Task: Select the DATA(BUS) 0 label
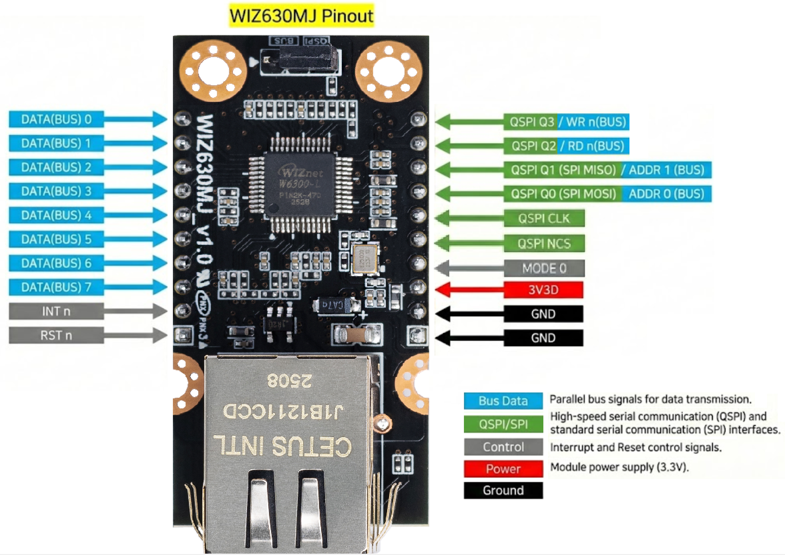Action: pyautogui.click(x=56, y=120)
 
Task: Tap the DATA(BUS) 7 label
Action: pyautogui.click(x=56, y=287)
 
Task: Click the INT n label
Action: pyautogui.click(x=56, y=311)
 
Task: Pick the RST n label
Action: pyautogui.click(x=56, y=335)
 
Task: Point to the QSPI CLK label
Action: pyautogui.click(x=544, y=218)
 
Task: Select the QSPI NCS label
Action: pyautogui.click(x=544, y=244)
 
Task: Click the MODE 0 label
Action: pyautogui.click(x=544, y=268)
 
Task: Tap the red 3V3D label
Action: pyautogui.click(x=543, y=290)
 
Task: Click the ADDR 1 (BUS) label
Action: pyautogui.click(x=666, y=170)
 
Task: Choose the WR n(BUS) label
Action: pyautogui.click(x=593, y=122)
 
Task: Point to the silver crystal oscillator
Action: pyautogui.click(x=365, y=259)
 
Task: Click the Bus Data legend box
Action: pyautogui.click(x=503, y=401)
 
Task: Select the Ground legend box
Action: pyautogui.click(x=503, y=490)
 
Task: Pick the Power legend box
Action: pyautogui.click(x=503, y=469)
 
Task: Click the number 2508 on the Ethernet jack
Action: pyautogui.click(x=289, y=381)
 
